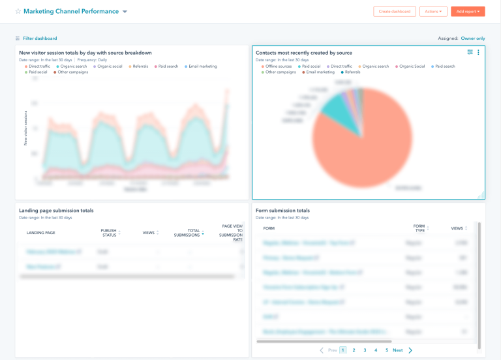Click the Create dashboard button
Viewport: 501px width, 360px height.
click(x=395, y=11)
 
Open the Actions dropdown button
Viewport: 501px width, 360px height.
click(x=433, y=11)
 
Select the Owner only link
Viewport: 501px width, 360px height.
click(x=472, y=38)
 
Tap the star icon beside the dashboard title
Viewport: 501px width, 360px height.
click(x=18, y=12)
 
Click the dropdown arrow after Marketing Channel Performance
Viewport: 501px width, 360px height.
click(x=125, y=12)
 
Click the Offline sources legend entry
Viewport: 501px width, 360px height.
click(x=279, y=67)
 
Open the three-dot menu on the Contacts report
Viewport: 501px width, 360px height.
click(x=478, y=52)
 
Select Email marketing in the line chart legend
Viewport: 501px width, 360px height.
click(x=202, y=67)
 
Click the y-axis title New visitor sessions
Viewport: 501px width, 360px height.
click(x=25, y=127)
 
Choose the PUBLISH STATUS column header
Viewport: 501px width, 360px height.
click(x=108, y=233)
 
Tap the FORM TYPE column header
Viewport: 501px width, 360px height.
click(x=419, y=228)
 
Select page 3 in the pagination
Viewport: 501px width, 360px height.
click(x=365, y=350)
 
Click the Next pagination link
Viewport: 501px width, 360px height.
click(x=397, y=350)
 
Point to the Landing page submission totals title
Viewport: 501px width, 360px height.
click(x=56, y=211)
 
